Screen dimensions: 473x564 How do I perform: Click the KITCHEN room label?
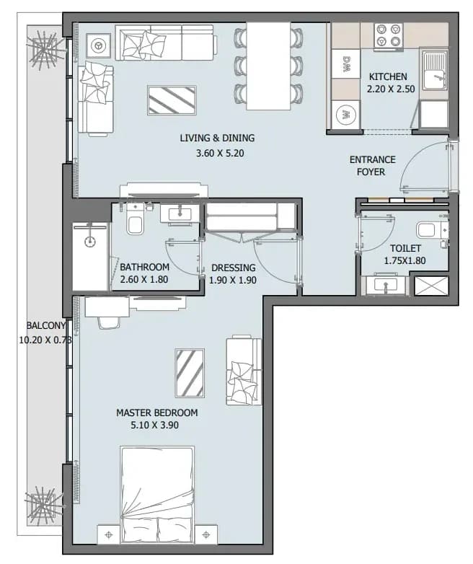[388, 76]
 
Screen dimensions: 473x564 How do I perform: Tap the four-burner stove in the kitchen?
[388, 35]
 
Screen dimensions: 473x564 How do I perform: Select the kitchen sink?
[435, 71]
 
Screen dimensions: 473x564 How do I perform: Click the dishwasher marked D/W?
[345, 63]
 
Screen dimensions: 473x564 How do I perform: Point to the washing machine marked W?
[345, 115]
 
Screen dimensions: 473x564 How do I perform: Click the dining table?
[268, 66]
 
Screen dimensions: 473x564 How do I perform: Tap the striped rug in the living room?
[172, 100]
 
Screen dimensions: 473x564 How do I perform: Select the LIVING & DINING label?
[217, 138]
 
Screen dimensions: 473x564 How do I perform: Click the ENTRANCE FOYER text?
[372, 165]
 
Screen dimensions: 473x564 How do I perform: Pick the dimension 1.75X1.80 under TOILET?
[405, 260]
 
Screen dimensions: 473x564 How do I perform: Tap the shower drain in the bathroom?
[90, 242]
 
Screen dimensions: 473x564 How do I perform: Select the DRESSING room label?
[234, 268]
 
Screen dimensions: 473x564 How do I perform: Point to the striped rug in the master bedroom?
[190, 373]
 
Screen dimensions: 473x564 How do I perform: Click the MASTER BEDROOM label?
[157, 413]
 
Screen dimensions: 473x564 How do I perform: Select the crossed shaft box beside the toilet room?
[431, 286]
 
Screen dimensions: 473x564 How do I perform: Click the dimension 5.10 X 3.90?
[155, 425]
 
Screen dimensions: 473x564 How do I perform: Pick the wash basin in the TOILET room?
[385, 286]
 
